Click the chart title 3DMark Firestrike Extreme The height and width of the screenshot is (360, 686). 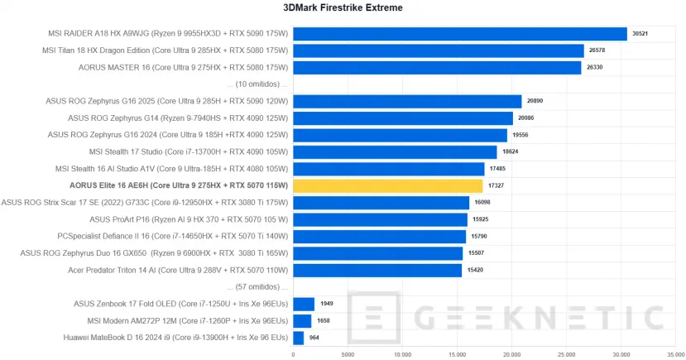click(x=343, y=8)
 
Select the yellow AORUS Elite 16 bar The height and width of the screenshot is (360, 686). click(x=387, y=185)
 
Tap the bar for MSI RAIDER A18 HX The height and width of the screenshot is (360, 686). click(x=460, y=34)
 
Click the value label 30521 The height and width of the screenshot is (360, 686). click(x=639, y=34)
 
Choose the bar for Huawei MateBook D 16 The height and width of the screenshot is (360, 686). click(x=299, y=338)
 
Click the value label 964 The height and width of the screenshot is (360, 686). click(x=314, y=338)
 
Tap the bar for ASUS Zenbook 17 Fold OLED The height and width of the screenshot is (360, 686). click(x=304, y=304)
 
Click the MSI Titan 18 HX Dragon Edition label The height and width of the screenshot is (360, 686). click(x=165, y=50)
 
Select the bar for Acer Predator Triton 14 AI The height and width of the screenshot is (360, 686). click(x=377, y=270)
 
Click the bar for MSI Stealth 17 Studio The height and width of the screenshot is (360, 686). click(x=395, y=152)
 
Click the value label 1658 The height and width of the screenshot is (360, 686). click(x=322, y=321)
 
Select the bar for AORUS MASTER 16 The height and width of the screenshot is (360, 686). click(x=437, y=67)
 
